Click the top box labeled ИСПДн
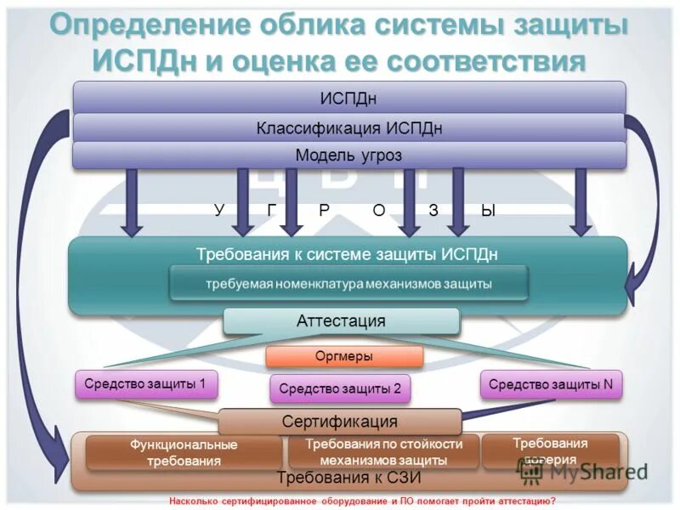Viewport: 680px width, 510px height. tap(348, 99)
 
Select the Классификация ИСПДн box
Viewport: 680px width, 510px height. tap(348, 128)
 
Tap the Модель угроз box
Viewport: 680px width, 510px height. tap(348, 156)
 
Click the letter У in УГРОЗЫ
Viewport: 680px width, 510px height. tap(218, 211)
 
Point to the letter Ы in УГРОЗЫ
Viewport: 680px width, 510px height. tap(487, 211)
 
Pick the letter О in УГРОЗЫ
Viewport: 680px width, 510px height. tap(379, 211)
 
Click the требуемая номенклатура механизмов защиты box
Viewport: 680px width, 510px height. tap(348, 284)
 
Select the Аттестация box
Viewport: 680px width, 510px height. tap(341, 321)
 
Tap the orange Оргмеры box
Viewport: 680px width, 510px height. tap(344, 357)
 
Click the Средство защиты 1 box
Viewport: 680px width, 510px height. tap(146, 384)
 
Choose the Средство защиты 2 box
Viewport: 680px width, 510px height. tap(340, 389)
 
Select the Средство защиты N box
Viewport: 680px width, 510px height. tap(551, 384)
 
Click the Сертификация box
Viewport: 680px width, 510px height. tap(340, 422)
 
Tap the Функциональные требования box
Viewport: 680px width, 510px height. tap(183, 453)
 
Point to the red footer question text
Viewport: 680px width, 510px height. tap(362, 501)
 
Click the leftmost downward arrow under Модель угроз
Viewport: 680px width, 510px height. tap(131, 202)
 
